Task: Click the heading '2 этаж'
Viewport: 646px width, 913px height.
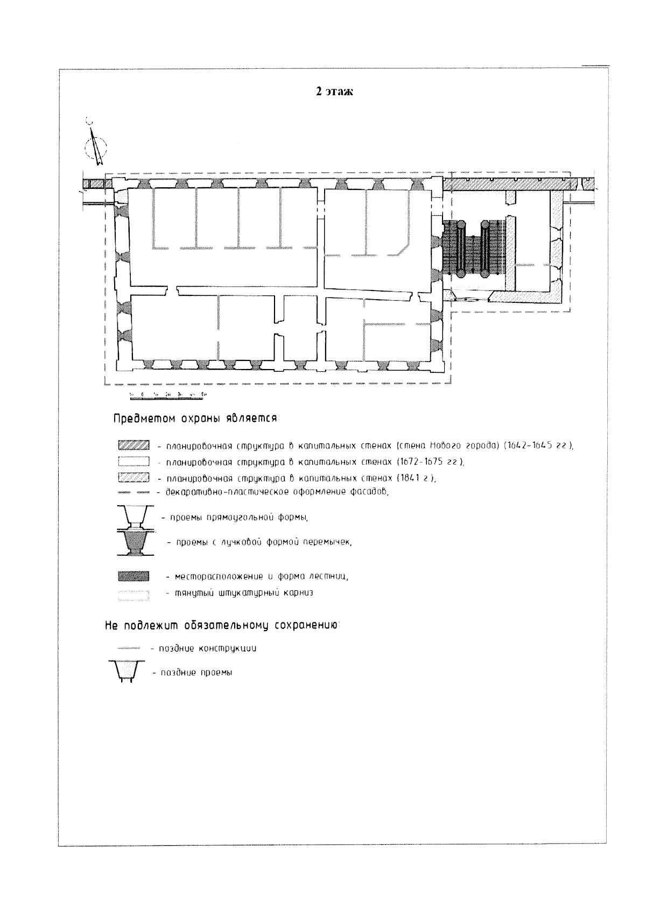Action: [x=334, y=92]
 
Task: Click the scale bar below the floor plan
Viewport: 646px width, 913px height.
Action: [x=168, y=395]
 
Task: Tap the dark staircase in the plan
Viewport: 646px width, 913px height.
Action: [x=474, y=248]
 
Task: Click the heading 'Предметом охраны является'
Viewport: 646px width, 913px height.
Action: [x=195, y=419]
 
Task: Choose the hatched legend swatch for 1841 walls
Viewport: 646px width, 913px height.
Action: [x=132, y=478]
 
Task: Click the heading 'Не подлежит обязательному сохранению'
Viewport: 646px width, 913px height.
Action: [x=221, y=626]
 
